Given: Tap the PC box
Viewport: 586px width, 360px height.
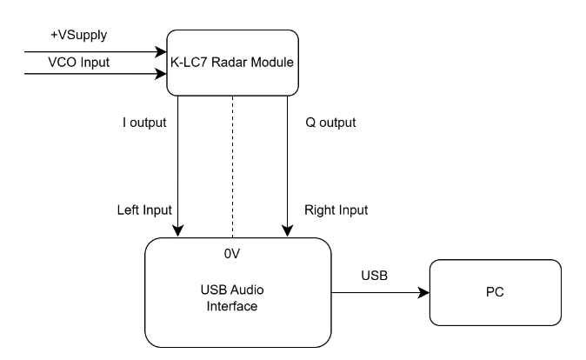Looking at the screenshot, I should (494, 294).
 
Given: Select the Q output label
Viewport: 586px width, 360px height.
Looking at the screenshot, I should (330, 123).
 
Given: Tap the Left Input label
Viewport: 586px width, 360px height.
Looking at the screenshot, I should (143, 210).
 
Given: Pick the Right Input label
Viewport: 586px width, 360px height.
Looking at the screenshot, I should (336, 210).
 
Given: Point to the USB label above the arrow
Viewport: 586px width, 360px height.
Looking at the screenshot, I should (374, 276).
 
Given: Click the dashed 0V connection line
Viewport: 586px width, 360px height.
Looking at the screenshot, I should (233, 165).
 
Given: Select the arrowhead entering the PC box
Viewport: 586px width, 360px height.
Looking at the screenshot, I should (425, 294).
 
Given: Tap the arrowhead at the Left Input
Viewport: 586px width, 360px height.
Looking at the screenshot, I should (179, 230).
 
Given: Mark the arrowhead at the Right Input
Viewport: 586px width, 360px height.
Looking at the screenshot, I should (288, 230).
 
